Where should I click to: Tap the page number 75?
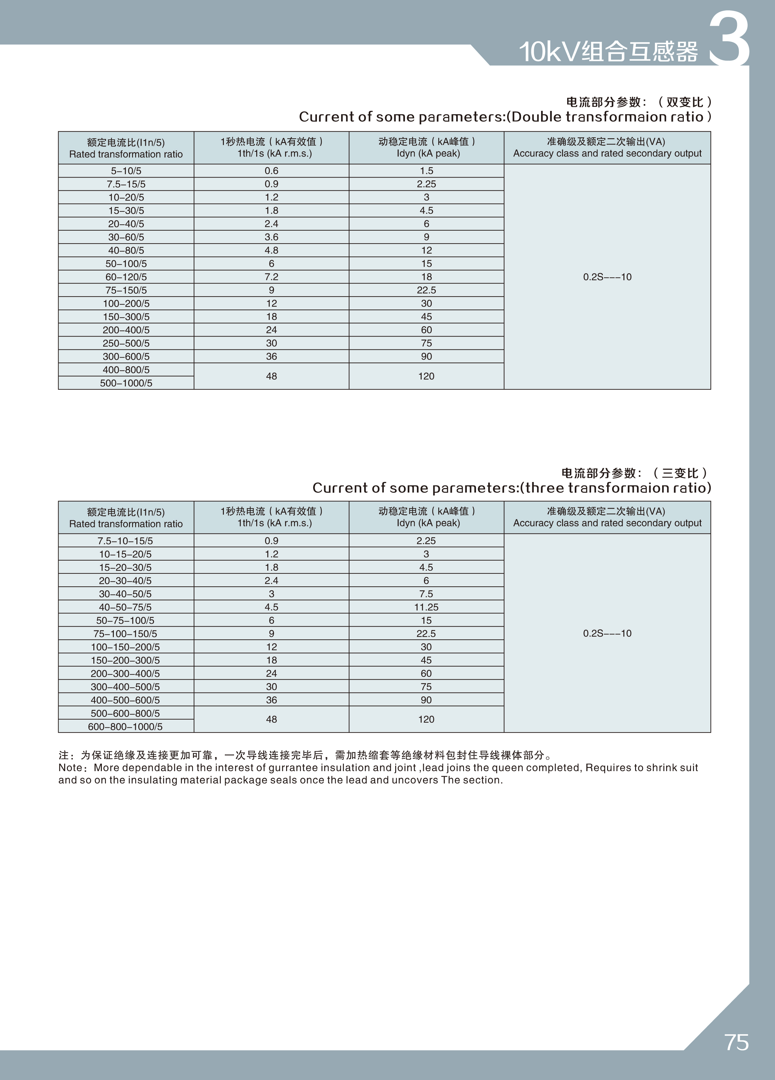click(x=736, y=1042)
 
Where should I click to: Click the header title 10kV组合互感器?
click(x=608, y=52)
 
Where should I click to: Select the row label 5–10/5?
click(x=126, y=171)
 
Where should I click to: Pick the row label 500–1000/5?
click(x=126, y=383)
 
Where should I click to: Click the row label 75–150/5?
click(x=126, y=290)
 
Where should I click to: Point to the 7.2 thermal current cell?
click(x=272, y=277)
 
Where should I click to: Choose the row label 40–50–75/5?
click(x=125, y=607)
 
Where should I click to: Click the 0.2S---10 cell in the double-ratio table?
click(x=607, y=277)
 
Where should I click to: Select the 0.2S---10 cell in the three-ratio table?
click(x=607, y=633)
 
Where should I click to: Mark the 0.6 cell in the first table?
click(x=272, y=171)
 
